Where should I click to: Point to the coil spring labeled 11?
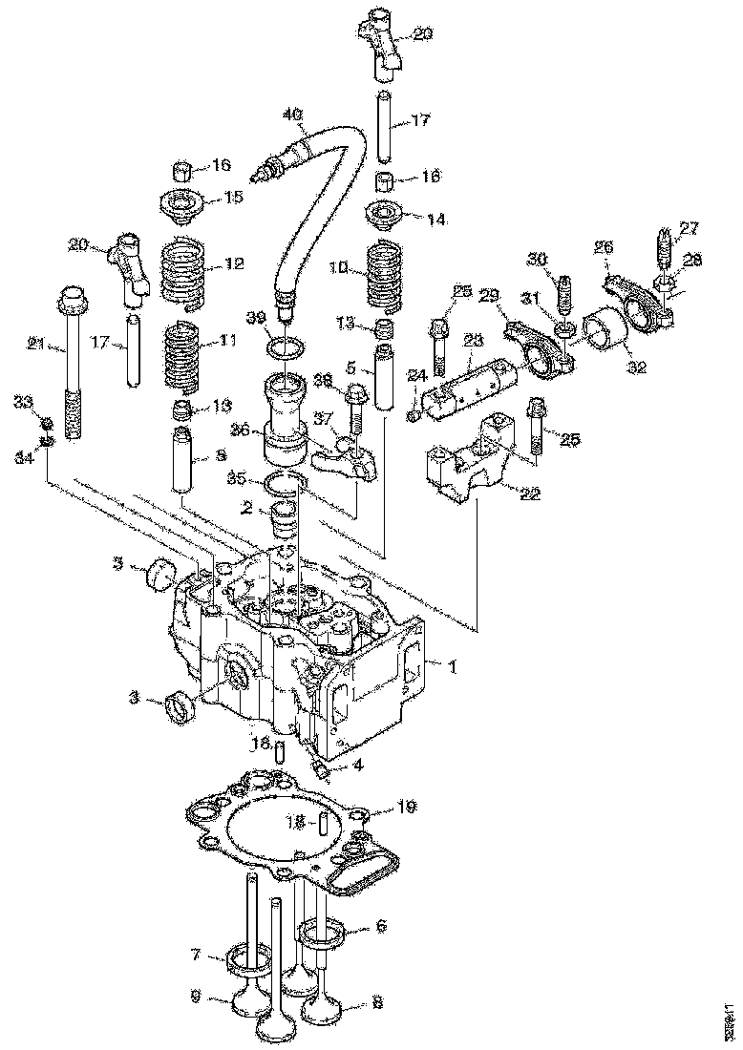(186, 357)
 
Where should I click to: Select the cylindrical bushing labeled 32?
(604, 334)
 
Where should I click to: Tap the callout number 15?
(234, 197)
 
